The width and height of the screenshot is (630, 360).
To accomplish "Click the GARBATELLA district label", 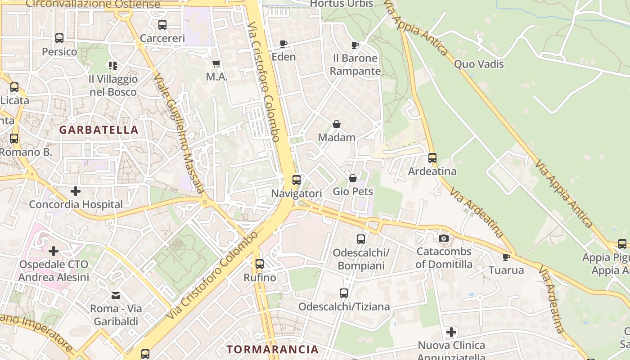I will [99, 130].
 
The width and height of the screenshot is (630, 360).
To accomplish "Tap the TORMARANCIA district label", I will [272, 349].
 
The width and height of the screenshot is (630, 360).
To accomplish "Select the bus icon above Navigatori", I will [296, 180].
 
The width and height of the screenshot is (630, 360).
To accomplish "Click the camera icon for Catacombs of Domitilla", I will [443, 238].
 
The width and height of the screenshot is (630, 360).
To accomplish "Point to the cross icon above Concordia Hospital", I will [76, 191].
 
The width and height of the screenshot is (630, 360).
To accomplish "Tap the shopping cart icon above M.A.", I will [216, 63].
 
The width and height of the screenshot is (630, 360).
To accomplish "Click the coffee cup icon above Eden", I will [283, 44].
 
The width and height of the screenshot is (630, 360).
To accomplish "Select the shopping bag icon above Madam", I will [336, 124].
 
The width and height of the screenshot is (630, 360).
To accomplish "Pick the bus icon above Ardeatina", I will [432, 158].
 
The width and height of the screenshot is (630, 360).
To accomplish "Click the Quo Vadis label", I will [479, 64].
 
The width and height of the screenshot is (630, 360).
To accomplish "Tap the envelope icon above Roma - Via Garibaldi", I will [116, 296].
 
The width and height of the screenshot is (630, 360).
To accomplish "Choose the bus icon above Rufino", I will [259, 264].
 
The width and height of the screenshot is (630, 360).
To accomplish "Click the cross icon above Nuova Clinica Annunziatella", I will [451, 332].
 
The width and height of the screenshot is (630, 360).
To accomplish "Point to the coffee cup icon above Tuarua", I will [506, 257].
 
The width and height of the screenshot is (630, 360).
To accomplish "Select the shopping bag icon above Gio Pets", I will [353, 178].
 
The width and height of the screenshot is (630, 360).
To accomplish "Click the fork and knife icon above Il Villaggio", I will [112, 66].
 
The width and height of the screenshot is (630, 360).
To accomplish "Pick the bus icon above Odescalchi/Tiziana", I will [344, 293].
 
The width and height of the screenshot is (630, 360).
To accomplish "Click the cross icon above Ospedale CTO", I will [54, 251].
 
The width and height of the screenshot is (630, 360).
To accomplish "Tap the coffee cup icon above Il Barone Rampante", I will [355, 45].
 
